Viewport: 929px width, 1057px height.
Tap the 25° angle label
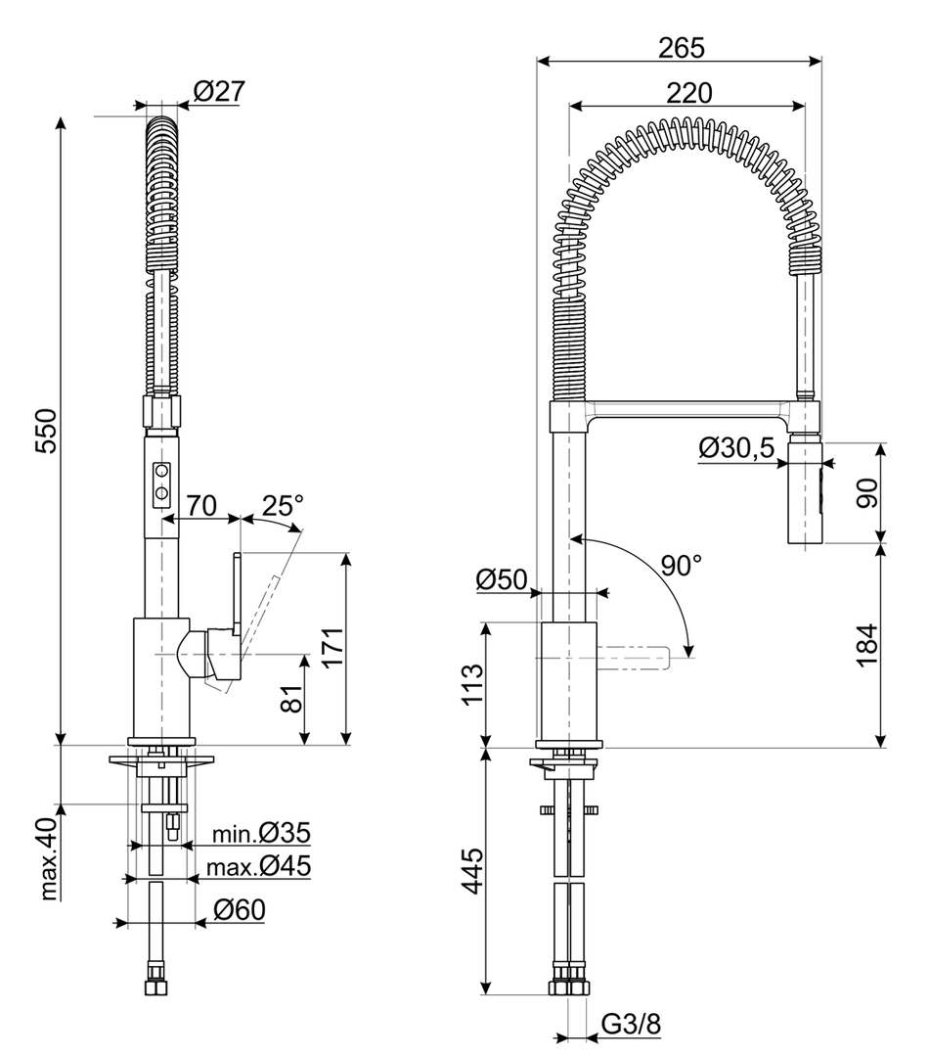(283, 506)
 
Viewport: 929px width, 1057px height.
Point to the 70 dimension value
(200, 506)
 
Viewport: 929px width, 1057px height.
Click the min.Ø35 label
(262, 834)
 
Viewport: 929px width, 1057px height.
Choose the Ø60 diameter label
(239, 910)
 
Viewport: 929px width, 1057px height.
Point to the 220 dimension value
(688, 92)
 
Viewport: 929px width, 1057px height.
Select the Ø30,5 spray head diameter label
(736, 448)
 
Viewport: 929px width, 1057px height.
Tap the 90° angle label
(681, 565)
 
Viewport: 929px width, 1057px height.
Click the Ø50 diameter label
(502, 580)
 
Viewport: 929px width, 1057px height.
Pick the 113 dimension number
(474, 686)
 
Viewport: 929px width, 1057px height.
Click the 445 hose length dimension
(474, 872)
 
